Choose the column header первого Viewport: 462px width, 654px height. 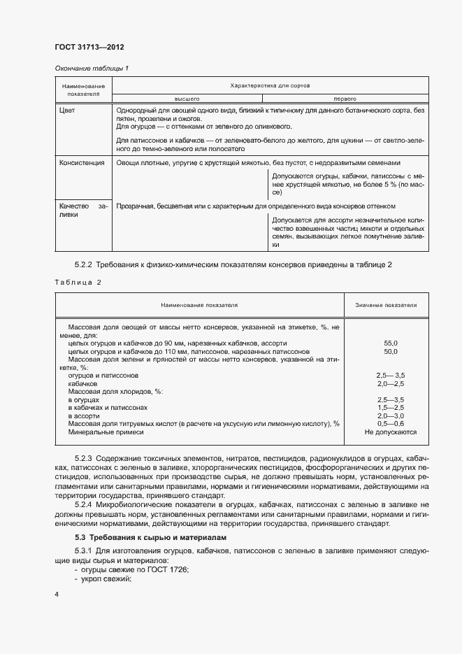[x=345, y=99]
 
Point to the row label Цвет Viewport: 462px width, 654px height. [x=67, y=111]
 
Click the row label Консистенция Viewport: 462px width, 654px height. [x=82, y=162]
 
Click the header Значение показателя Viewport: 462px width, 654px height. [x=386, y=305]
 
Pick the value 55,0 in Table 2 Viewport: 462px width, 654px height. [x=391, y=343]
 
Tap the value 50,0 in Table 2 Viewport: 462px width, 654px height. [x=391, y=352]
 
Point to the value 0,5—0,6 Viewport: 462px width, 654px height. [x=391, y=424]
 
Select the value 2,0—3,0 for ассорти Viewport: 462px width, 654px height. [x=391, y=416]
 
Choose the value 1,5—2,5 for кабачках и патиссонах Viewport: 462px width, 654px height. [x=391, y=408]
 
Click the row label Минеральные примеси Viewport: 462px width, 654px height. [x=106, y=432]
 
